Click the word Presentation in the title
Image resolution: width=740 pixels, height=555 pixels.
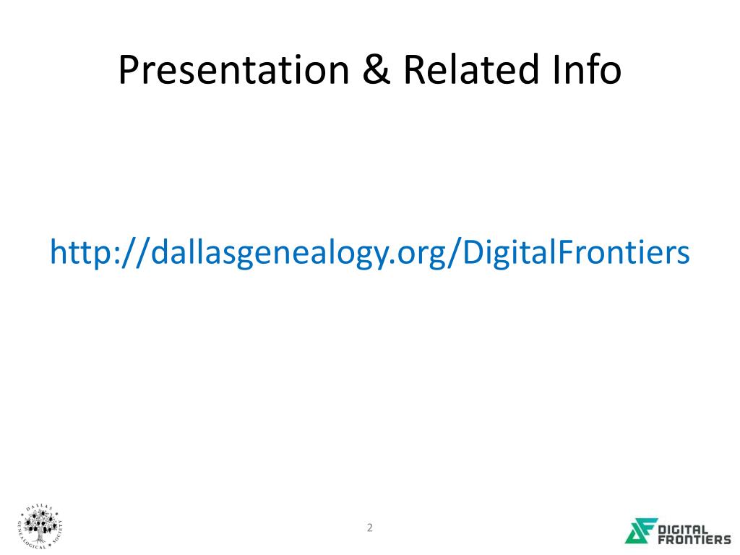tap(233, 70)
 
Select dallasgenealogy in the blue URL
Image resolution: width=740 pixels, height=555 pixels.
tap(271, 252)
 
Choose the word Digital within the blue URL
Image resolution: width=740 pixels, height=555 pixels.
tap(509, 252)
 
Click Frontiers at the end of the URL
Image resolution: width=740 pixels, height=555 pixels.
tap(624, 251)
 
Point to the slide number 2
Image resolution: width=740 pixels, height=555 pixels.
tap(370, 528)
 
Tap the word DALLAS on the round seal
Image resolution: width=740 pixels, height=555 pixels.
tap(41, 507)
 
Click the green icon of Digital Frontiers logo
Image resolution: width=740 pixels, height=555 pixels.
tap(641, 530)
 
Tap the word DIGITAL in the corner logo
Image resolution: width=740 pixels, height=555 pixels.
tap(683, 530)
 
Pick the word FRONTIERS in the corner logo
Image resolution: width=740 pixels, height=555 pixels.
tap(694, 539)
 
